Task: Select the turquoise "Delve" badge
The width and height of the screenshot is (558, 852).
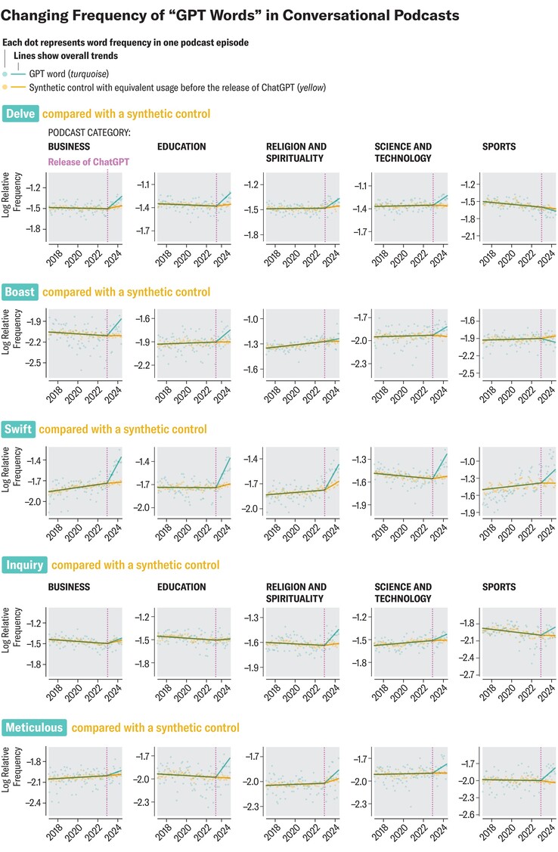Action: pyautogui.click(x=20, y=114)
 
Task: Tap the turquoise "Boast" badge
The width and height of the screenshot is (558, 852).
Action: pyautogui.click(x=21, y=292)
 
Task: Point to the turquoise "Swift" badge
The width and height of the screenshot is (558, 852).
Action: pyautogui.click(x=19, y=429)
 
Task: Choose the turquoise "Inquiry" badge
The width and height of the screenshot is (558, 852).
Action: pyautogui.click(x=25, y=565)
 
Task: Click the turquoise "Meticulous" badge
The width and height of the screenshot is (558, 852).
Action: pyautogui.click(x=35, y=728)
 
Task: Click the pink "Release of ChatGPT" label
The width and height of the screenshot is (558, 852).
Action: pyautogui.click(x=87, y=162)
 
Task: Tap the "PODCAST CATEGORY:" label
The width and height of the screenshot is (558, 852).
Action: pyautogui.click(x=88, y=132)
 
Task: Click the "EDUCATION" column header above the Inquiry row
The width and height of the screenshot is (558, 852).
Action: pyautogui.click(x=181, y=587)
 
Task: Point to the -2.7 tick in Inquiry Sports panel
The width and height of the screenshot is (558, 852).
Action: pyautogui.click(x=469, y=674)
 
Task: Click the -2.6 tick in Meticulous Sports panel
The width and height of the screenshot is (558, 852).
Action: pyautogui.click(x=469, y=814)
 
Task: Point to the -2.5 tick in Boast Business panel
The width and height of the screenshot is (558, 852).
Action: pyautogui.click(x=33, y=363)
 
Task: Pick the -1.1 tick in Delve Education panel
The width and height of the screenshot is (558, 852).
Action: pyautogui.click(x=144, y=184)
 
